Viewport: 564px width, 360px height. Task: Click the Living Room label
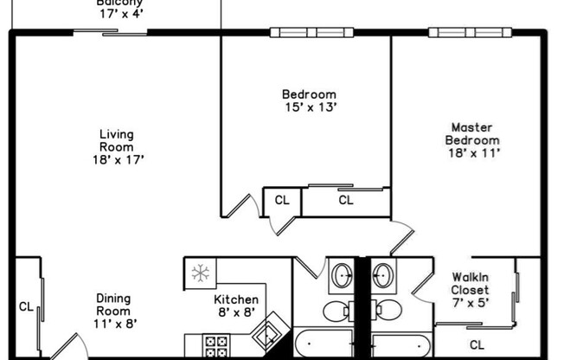point(116,140)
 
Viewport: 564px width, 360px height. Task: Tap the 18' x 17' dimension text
point(117,159)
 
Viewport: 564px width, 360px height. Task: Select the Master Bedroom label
point(471,133)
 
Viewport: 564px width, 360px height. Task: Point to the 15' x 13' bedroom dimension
point(308,107)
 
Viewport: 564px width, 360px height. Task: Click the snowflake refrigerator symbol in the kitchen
point(201,274)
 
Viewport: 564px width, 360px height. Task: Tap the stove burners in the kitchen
point(215,346)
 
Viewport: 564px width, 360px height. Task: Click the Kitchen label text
point(235,300)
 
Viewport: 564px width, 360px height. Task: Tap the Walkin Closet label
point(471,283)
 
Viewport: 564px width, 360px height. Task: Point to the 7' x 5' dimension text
point(470,303)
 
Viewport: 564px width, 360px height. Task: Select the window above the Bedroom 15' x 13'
point(311,33)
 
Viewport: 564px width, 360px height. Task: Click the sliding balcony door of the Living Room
point(110,33)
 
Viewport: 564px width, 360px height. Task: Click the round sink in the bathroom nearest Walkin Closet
point(383,276)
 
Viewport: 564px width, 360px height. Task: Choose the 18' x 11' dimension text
point(471,152)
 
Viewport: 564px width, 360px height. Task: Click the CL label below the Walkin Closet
point(477,322)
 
